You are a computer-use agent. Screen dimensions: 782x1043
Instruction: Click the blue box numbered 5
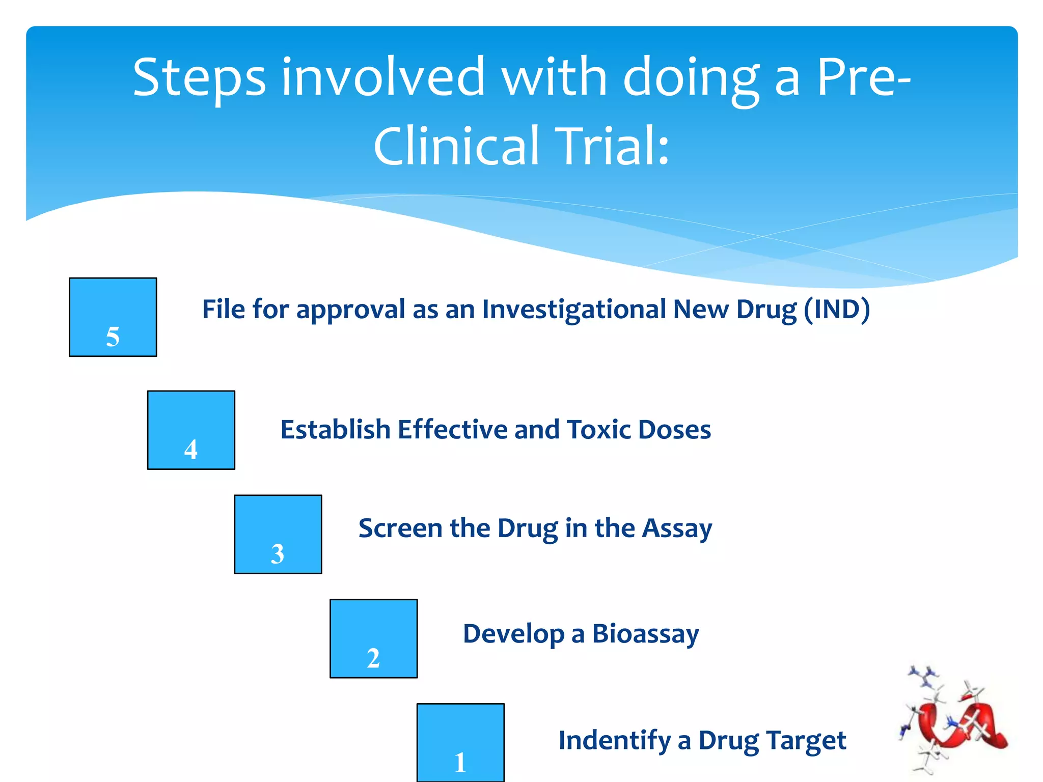pos(113,317)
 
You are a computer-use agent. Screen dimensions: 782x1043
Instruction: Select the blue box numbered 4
pos(191,430)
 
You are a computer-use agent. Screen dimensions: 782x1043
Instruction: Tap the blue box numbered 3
pos(278,534)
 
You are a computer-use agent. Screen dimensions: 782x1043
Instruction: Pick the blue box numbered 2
pos(373,638)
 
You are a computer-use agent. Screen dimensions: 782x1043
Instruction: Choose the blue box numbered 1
pos(460,742)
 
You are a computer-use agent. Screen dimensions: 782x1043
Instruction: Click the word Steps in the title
pos(199,78)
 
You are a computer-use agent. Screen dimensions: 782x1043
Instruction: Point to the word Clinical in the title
pos(456,146)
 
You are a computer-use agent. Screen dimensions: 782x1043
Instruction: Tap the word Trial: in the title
pos(612,146)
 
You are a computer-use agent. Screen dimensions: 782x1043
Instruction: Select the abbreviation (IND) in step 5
pos(837,310)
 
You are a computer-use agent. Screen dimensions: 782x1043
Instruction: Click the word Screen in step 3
pos(400,528)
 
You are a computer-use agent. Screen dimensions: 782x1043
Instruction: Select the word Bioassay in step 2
pos(645,634)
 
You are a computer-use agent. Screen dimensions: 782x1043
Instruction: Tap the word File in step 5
pos(223,309)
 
